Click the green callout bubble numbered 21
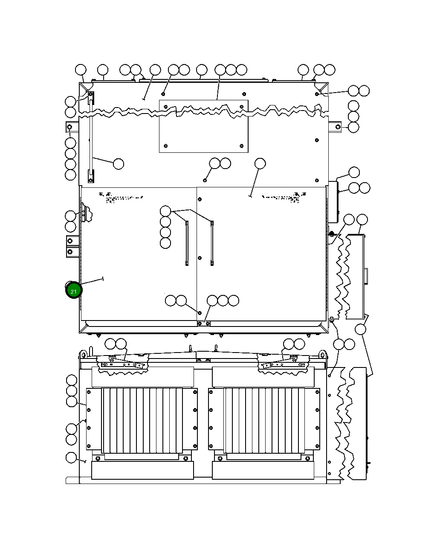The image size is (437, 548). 74,291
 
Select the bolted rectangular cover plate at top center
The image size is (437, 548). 203,126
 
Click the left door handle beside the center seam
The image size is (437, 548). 187,243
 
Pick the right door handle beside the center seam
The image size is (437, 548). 212,243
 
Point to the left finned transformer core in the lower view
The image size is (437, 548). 142,420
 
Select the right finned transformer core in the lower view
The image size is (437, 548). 264,420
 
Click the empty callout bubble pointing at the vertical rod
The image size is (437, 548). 118,163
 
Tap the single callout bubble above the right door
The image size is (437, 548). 260,163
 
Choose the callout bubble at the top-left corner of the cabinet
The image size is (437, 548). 81,70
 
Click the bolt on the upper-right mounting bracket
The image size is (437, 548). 338,127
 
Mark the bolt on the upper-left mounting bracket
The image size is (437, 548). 70,127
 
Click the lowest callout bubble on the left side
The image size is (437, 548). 71,458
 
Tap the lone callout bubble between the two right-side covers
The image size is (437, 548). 361,329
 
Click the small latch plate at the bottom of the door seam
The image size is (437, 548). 203,324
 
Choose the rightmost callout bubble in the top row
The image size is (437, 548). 330,70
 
